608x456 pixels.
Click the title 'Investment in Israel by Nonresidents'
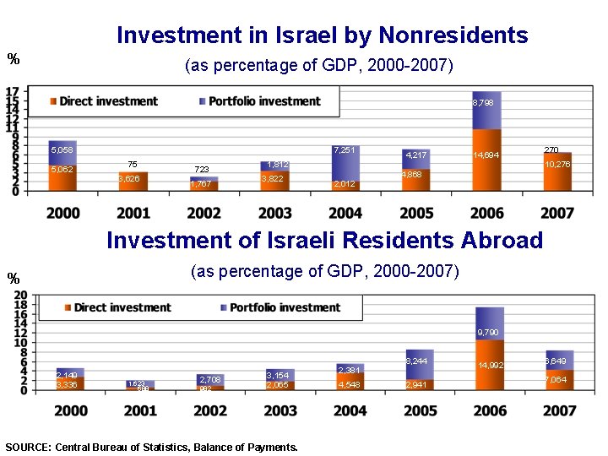coord(322,35)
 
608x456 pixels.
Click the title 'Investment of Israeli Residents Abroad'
coord(324,240)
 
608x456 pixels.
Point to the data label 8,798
coord(484,102)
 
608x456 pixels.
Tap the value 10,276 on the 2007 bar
coord(557,165)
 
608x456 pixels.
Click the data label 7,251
coord(344,150)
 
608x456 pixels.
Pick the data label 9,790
coord(489,333)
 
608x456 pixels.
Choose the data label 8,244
coord(417,361)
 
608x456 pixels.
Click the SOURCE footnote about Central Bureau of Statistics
coord(151,448)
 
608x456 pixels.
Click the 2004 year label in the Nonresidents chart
coord(345,214)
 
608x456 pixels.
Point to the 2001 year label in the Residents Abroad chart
coord(140,411)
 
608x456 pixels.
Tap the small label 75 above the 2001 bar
coord(133,164)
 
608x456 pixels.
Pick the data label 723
coord(202,170)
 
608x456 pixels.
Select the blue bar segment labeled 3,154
coord(278,374)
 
